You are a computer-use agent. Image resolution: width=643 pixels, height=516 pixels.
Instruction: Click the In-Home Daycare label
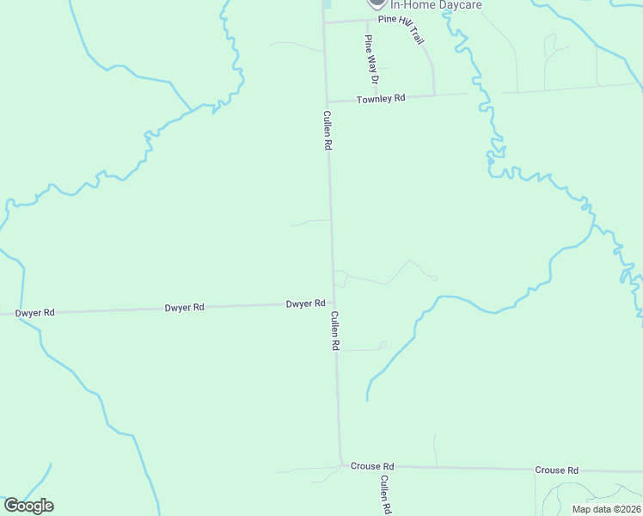pyautogui.click(x=436, y=5)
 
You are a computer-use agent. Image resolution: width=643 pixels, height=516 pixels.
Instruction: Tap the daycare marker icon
pyautogui.click(x=376, y=3)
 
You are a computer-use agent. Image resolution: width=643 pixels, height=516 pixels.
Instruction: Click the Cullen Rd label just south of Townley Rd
pyautogui.click(x=328, y=131)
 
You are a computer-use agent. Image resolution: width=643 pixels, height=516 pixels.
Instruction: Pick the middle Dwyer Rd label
pyautogui.click(x=186, y=307)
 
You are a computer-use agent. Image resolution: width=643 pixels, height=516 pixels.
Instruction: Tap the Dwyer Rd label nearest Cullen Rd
pyautogui.click(x=306, y=304)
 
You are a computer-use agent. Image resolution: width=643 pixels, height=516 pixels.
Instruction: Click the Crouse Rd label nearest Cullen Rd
pyautogui.click(x=371, y=465)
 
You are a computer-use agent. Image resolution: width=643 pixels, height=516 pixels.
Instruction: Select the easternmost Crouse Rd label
pyautogui.click(x=556, y=470)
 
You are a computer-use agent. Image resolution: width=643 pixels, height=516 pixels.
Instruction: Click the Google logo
pyautogui.click(x=28, y=506)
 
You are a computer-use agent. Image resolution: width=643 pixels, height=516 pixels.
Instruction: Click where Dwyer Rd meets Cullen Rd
pyautogui.click(x=334, y=303)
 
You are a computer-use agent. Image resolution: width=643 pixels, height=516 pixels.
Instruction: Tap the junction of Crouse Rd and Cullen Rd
pyautogui.click(x=341, y=465)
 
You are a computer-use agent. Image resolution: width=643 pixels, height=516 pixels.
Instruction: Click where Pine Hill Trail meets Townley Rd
pyautogui.click(x=434, y=95)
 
